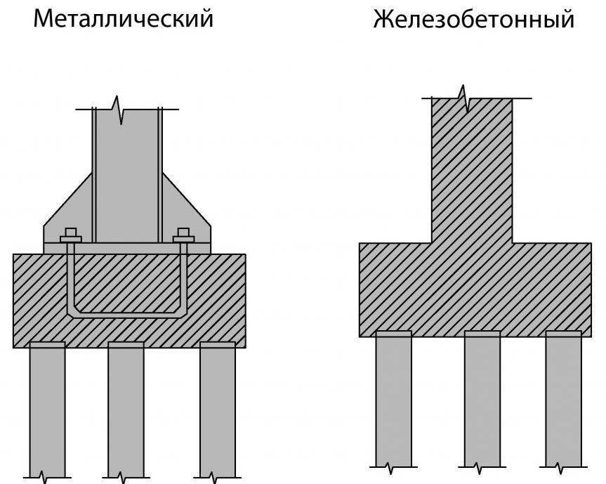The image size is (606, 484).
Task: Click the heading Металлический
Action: tap(124, 19)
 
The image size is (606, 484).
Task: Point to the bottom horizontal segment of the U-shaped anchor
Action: tap(127, 313)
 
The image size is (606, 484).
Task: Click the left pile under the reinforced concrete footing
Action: tap(393, 400)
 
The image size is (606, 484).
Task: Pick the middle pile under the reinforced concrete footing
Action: tap(482, 400)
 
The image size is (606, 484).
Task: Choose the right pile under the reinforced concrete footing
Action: tap(564, 400)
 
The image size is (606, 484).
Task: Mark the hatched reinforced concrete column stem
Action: tap(471, 169)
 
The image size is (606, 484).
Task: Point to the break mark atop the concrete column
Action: tap(463, 96)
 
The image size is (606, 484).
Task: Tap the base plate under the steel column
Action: tap(127, 248)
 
